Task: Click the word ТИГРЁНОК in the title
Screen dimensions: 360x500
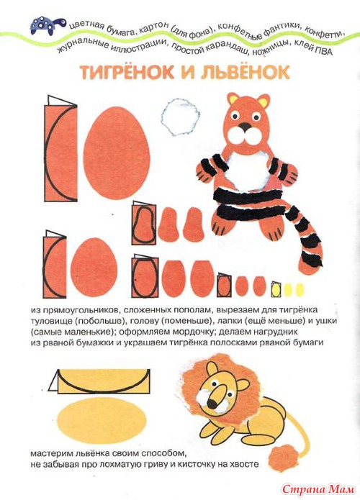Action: (127, 73)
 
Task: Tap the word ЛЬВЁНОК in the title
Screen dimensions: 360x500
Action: (245, 73)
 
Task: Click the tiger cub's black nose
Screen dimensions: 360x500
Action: (245, 127)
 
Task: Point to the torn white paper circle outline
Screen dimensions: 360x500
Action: (180, 117)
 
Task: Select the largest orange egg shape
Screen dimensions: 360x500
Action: (117, 153)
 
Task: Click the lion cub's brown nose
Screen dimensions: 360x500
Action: (212, 404)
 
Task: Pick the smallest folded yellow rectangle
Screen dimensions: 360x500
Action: (276, 289)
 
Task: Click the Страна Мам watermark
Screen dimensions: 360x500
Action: (319, 488)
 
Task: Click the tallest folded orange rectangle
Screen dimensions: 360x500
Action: (60, 148)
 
